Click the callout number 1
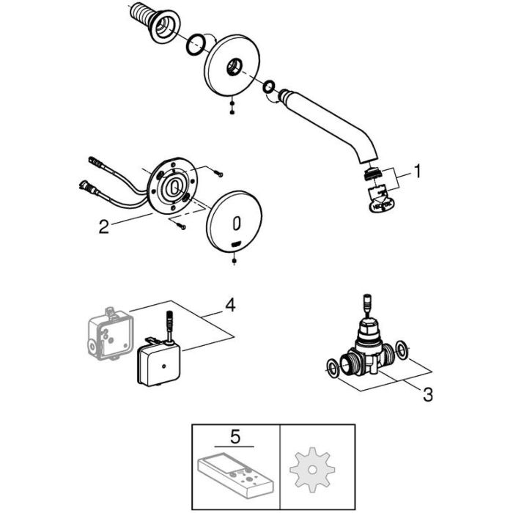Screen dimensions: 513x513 (417, 173)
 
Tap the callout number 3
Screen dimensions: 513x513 (427, 394)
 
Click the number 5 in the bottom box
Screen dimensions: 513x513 (234, 438)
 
